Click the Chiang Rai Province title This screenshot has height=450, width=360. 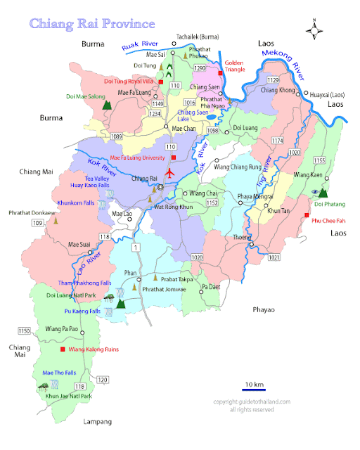click(92, 23)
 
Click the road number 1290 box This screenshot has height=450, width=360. click(200, 68)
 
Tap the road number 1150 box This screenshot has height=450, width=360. click(24, 330)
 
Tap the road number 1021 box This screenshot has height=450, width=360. click(274, 257)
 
